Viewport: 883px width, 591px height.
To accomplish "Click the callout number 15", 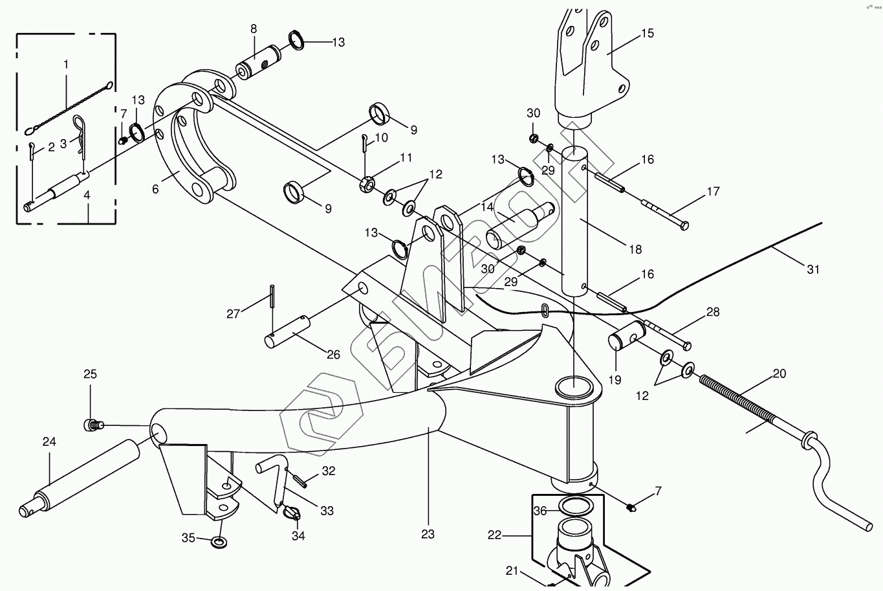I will coord(647,33).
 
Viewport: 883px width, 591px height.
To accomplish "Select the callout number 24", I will coord(49,442).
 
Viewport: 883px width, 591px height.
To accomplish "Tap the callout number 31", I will coord(812,269).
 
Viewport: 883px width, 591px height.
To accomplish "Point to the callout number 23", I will coord(428,534).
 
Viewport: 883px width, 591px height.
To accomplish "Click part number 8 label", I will coord(254,28).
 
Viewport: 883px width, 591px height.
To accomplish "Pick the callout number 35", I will coord(188,537).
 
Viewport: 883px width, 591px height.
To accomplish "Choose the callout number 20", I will coord(779,374).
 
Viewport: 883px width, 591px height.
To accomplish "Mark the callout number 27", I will coord(233,314).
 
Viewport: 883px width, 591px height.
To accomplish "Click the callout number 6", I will coord(155,189).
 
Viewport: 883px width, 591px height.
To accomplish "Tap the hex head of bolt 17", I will coord(684,225).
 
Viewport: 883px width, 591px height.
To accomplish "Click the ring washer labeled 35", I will coord(220,541).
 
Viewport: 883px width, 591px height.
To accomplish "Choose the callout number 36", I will coord(540,511).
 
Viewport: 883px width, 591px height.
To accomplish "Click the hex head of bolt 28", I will coord(686,345).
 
